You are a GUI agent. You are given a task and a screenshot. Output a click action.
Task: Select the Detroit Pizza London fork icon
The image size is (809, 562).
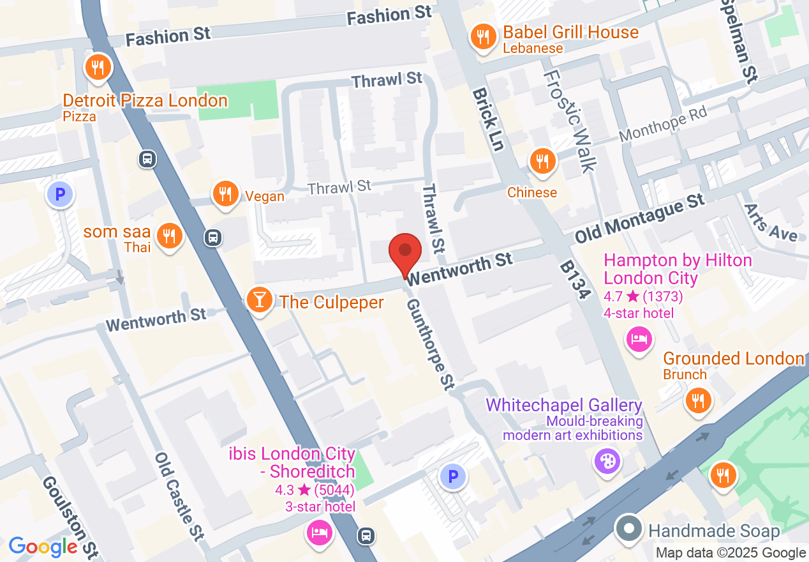point(98,66)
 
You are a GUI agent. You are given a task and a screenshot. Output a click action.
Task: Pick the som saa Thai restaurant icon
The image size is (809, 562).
point(169,236)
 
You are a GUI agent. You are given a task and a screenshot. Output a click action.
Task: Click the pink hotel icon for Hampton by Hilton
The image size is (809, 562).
point(639,338)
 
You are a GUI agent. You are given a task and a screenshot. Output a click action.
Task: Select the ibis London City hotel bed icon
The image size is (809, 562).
point(318,531)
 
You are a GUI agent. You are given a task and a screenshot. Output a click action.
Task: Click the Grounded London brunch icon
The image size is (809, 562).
point(699,401)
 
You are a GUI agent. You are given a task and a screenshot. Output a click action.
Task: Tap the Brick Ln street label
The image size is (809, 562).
point(488,119)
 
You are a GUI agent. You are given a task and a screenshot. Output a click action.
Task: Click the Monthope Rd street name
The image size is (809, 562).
point(664,124)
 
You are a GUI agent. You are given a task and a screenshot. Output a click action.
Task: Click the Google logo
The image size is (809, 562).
point(43,547)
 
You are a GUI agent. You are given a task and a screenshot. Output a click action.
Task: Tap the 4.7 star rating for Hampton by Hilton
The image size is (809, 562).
point(643,296)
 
